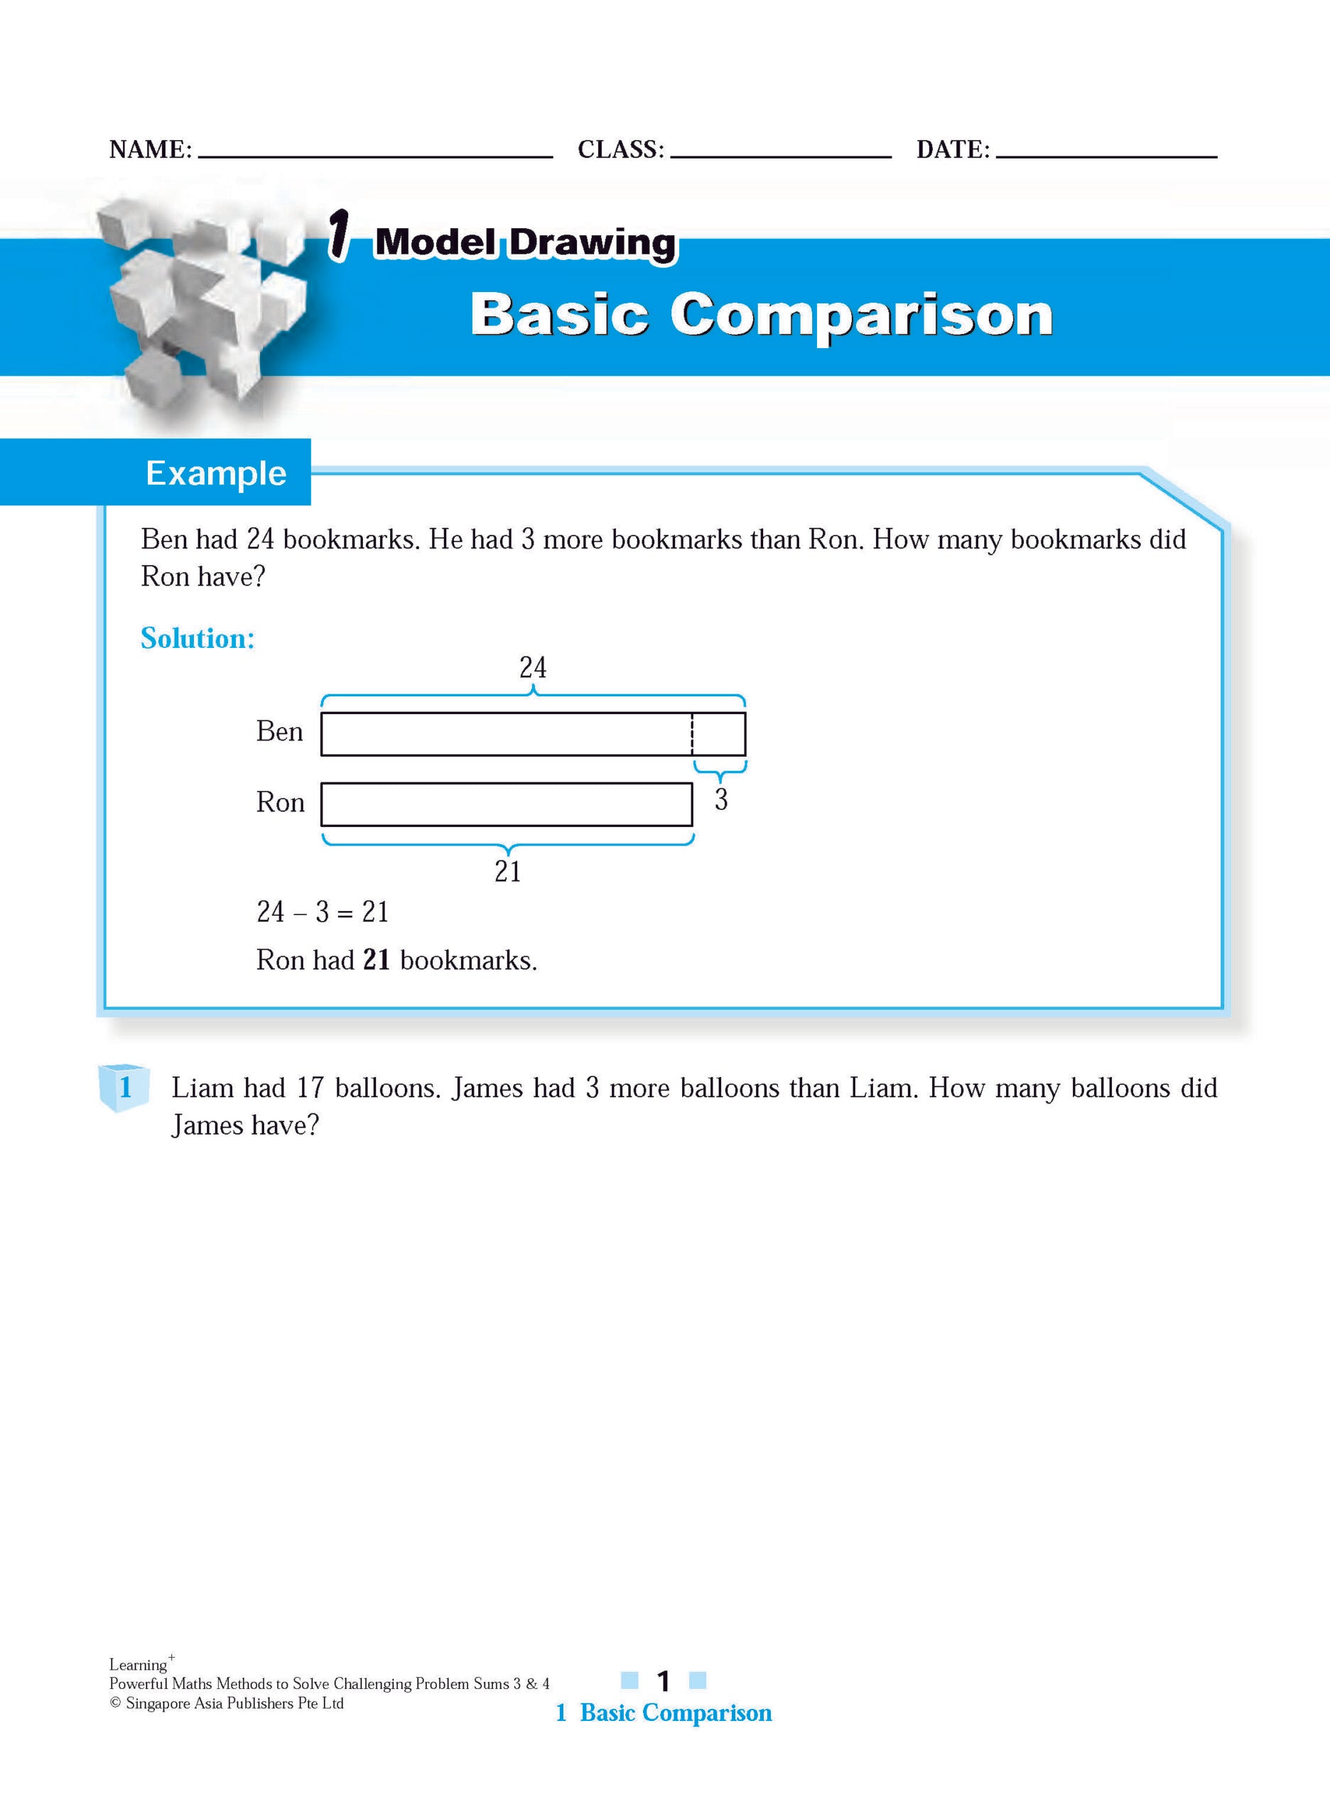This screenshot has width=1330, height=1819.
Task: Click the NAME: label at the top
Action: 151,150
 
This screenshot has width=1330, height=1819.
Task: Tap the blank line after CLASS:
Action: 780,155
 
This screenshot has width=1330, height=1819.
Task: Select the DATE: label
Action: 953,150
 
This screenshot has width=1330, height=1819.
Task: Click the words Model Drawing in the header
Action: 525,242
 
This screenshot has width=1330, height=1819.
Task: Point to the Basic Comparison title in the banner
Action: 761,314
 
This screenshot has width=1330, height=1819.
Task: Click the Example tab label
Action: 216,473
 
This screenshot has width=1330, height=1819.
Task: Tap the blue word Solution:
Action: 198,639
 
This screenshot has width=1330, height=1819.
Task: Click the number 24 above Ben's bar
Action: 532,667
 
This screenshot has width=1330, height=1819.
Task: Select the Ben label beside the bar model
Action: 279,732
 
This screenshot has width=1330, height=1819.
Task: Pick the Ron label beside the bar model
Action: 280,803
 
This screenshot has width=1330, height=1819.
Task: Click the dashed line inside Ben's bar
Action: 691,733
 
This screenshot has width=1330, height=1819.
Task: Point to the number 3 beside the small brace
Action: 721,799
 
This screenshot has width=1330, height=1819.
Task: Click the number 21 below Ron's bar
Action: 507,871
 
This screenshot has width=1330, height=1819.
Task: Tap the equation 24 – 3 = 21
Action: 323,912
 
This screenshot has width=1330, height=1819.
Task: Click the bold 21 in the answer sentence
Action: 376,960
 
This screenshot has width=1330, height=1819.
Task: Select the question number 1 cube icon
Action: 124,1088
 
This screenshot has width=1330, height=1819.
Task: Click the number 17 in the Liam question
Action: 309,1089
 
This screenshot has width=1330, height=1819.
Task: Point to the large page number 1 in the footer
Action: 664,1681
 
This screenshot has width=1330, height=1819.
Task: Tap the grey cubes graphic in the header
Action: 201,306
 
